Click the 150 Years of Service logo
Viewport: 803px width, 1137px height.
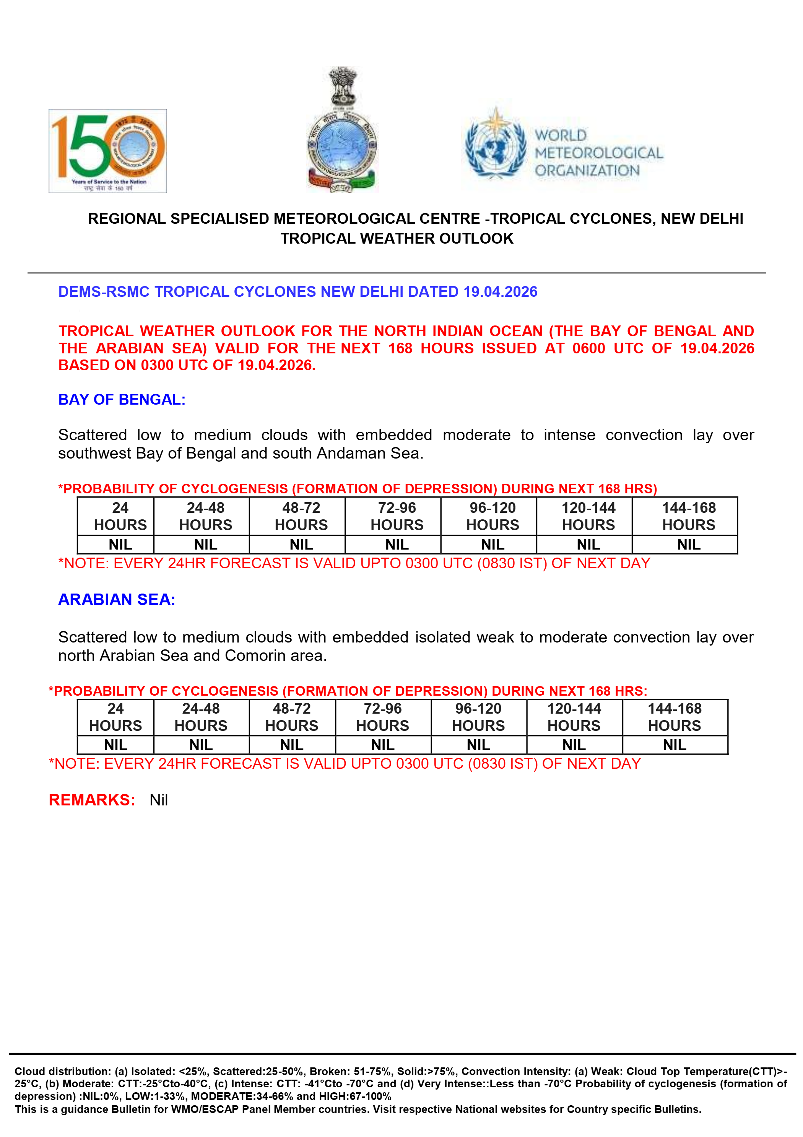pyautogui.click(x=107, y=151)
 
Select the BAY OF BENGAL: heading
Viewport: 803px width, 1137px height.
pyautogui.click(x=122, y=400)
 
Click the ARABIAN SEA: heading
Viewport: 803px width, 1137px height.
pyautogui.click(x=117, y=600)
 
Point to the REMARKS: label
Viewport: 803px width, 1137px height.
pyautogui.click(x=92, y=800)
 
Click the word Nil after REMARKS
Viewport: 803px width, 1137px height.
pyautogui.click(x=158, y=800)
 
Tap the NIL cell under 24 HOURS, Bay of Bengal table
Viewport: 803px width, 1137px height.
pyautogui.click(x=120, y=545)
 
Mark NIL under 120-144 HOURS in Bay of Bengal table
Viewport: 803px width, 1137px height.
pyautogui.click(x=588, y=545)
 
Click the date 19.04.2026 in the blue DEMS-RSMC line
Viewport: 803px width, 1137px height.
pyautogui.click(x=500, y=292)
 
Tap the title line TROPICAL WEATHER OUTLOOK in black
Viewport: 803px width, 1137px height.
pyautogui.click(x=397, y=239)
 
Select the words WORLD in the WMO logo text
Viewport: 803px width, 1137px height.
pyautogui.click(x=561, y=135)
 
